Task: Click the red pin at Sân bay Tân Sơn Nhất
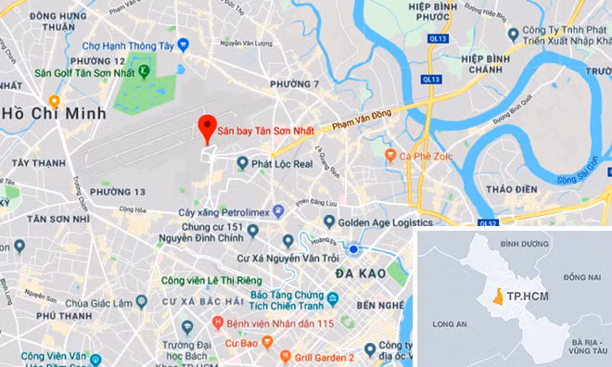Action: pos(208,128)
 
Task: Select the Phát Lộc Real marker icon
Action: pos(242,163)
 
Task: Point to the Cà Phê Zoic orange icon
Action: pos(391,154)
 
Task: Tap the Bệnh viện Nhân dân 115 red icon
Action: pos(218,323)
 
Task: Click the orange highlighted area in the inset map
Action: pos(498,297)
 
